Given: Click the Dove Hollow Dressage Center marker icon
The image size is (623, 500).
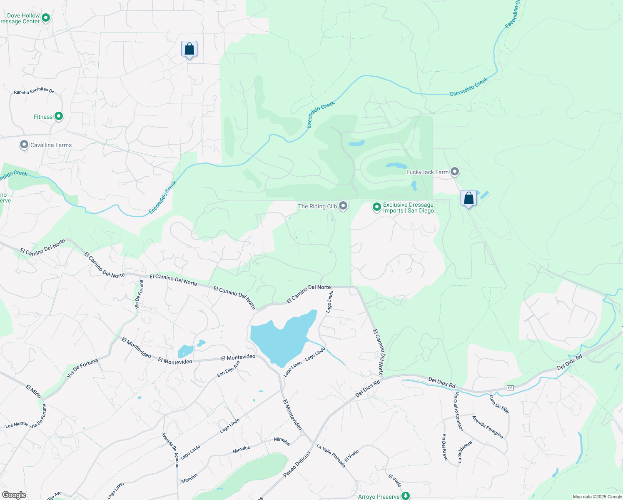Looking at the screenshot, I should click(46, 18).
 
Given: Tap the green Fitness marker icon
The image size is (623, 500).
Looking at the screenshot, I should click(59, 116).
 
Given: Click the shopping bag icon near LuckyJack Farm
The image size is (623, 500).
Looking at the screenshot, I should click(468, 198).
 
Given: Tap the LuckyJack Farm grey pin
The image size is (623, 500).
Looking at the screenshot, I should click(455, 171).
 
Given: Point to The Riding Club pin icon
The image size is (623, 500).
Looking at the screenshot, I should click(343, 205).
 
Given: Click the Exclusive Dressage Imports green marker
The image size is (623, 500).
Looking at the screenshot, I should click(376, 207).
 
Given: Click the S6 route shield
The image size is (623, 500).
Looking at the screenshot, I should click(510, 388).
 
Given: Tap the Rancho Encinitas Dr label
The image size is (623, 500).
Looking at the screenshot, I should click(34, 91).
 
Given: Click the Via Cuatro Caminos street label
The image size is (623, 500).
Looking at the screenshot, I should click(458, 411).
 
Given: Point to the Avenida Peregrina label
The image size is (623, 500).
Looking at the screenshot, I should click(488, 427).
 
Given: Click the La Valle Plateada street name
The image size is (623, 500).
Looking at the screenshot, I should click(331, 455).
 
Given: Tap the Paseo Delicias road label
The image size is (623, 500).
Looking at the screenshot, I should click(297, 464).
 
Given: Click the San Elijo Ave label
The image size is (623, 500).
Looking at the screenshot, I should click(229, 369).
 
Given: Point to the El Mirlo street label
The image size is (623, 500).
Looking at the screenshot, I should click(33, 391).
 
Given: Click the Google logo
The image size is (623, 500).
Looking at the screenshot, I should click(14, 495).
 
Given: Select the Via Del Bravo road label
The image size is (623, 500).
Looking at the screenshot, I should click(444, 447).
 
